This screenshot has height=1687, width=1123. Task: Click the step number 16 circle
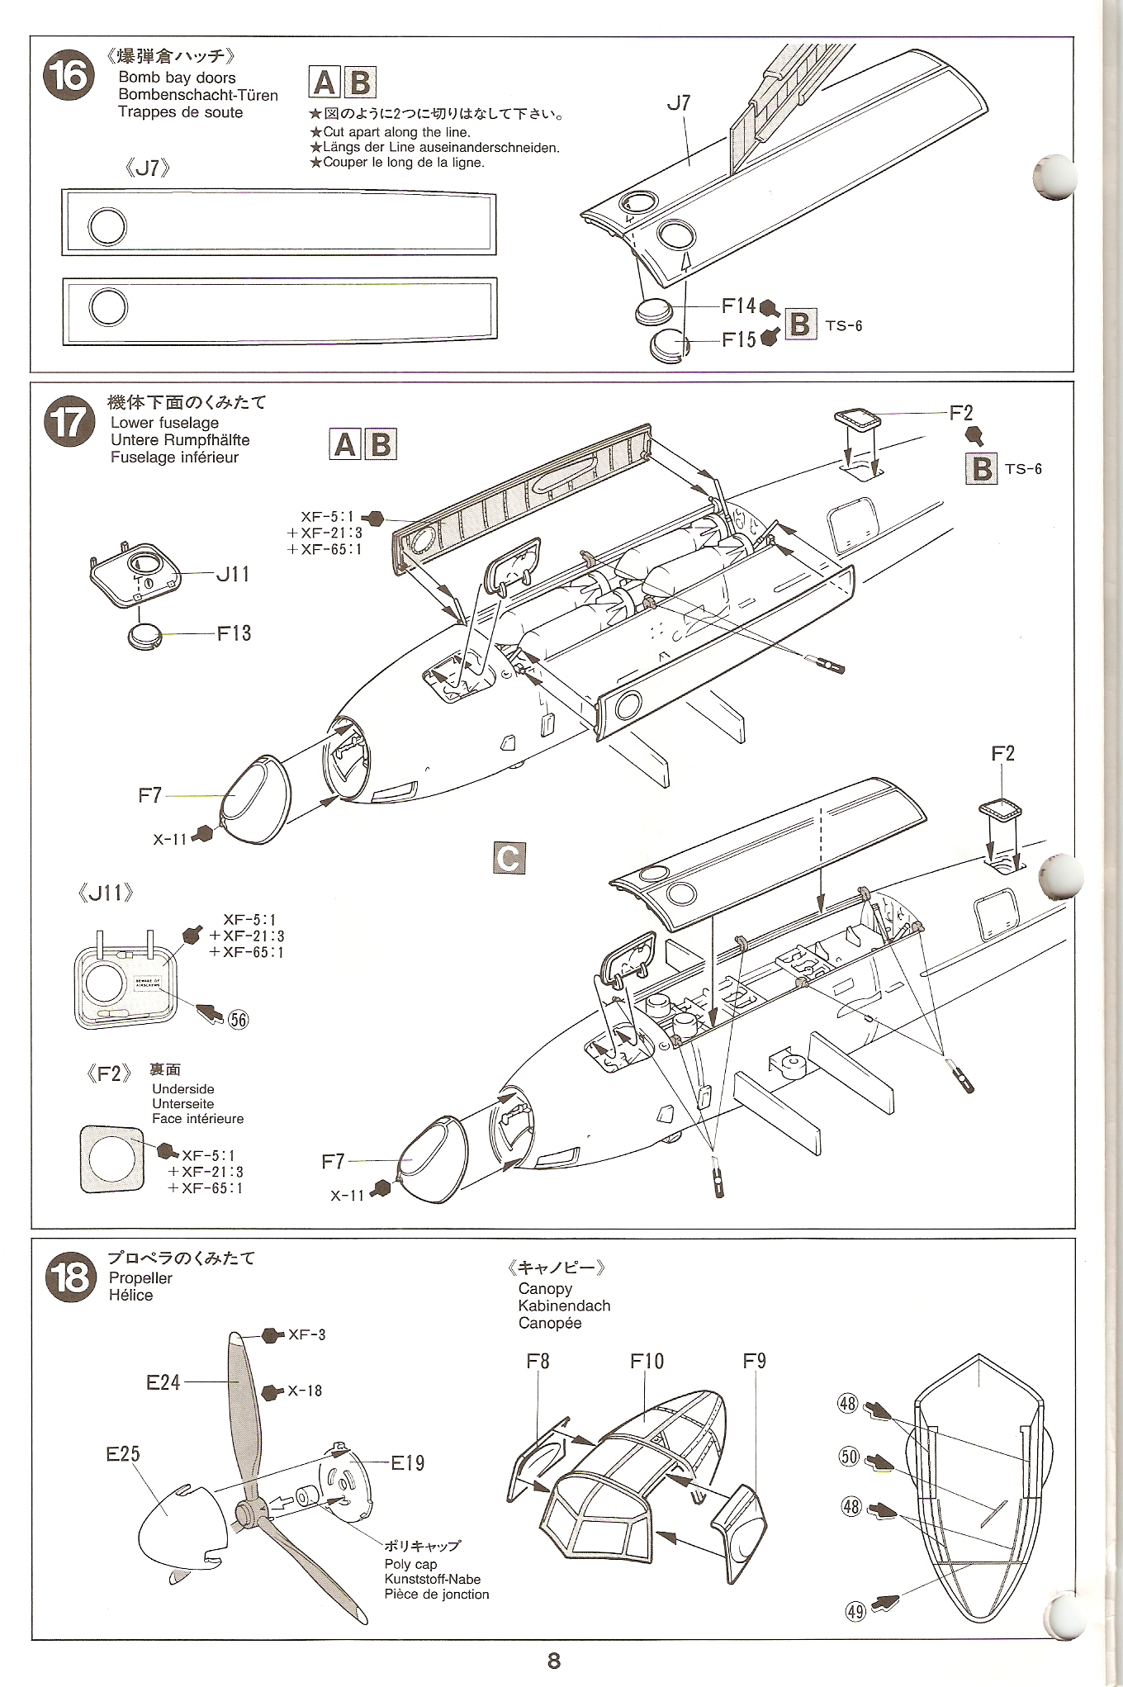[69, 75]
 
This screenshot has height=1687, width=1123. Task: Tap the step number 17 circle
[69, 421]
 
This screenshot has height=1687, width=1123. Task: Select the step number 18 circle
[69, 1277]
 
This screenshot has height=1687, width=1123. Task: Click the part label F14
[738, 306]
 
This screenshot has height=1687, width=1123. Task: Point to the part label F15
[738, 339]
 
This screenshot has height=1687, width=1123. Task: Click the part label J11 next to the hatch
[232, 574]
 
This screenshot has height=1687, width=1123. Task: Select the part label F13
[234, 633]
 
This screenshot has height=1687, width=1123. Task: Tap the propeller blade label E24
[163, 1382]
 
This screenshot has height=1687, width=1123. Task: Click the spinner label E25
[123, 1453]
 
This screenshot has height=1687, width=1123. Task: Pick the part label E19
[407, 1463]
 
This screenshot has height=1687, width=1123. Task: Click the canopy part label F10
[647, 1361]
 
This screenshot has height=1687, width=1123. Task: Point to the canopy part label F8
[538, 1361]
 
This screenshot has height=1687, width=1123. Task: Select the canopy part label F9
[754, 1361]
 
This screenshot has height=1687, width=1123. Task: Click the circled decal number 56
[238, 1020]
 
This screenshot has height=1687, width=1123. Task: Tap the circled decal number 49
[855, 1611]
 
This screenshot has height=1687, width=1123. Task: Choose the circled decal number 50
[849, 1456]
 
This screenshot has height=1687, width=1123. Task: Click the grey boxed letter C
[509, 858]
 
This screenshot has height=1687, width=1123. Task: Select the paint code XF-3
[306, 1334]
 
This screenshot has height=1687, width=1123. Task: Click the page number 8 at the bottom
[554, 1661]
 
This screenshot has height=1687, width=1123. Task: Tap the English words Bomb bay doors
[177, 78]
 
